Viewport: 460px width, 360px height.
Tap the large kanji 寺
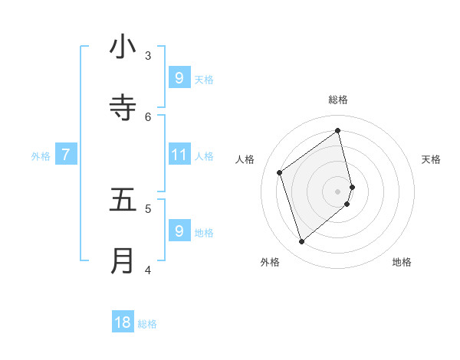[123, 108]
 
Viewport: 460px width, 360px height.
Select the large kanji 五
[123, 200]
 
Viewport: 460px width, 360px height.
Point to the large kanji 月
[123, 261]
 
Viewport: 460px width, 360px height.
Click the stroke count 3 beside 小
[148, 55]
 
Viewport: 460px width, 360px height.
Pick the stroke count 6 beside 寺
[148, 116]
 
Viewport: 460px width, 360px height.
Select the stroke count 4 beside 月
[148, 270]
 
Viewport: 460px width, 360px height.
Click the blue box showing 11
[179, 155]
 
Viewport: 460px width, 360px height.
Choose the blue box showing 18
[123, 322]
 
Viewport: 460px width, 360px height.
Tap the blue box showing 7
[66, 155]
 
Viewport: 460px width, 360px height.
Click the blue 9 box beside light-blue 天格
[179, 77]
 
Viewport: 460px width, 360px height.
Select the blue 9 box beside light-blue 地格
[179, 231]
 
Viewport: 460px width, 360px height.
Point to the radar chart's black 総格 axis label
[338, 100]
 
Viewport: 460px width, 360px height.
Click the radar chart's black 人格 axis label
[245, 159]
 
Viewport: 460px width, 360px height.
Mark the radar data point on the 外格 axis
[301, 242]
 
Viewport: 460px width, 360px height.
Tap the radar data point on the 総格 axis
[338, 130]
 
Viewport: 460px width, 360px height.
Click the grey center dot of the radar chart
[338, 191]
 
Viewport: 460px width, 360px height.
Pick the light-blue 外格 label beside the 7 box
[41, 156]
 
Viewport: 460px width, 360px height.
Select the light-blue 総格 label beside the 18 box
[147, 324]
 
